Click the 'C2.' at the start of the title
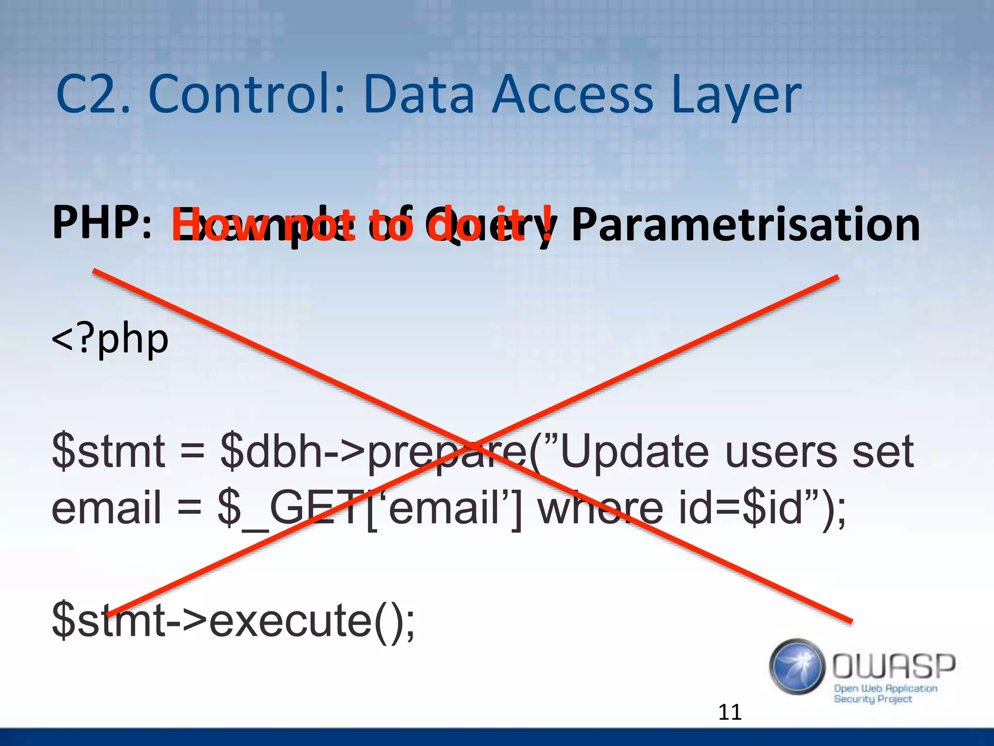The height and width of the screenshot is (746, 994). coord(92,95)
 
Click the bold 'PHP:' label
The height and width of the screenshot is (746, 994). coord(102,223)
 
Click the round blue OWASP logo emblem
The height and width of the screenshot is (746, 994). coord(797,666)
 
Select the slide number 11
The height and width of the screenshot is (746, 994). coord(729,712)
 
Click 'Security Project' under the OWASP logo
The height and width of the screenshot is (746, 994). coord(873,699)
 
